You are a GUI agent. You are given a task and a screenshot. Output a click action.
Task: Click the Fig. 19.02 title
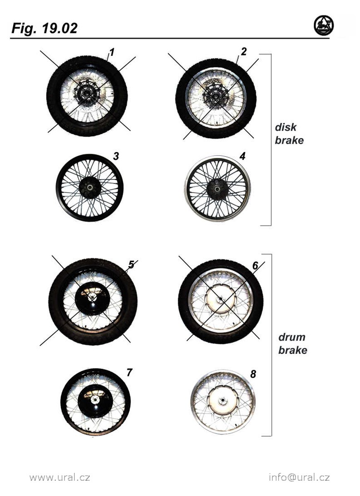tap(44, 29)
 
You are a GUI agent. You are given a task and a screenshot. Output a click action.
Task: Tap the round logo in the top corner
tap(324, 25)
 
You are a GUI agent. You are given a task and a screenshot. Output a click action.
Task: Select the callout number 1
tap(112, 52)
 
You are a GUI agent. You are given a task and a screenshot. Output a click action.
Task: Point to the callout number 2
tap(243, 51)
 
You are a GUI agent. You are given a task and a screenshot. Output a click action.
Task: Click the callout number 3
tap(116, 156)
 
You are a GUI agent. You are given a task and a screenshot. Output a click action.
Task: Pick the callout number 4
tap(243, 156)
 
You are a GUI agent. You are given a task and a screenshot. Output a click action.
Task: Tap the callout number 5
tap(131, 265)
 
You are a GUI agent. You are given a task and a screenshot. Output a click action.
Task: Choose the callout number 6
tap(255, 265)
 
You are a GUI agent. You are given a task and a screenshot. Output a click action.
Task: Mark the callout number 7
tap(129, 372)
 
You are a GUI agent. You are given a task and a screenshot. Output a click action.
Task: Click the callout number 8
tap(253, 374)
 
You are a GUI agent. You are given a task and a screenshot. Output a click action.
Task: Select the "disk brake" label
tap(289, 134)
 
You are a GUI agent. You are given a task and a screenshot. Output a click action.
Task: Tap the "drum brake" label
tap(293, 343)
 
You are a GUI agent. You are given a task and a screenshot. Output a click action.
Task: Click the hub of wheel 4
tap(217, 189)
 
